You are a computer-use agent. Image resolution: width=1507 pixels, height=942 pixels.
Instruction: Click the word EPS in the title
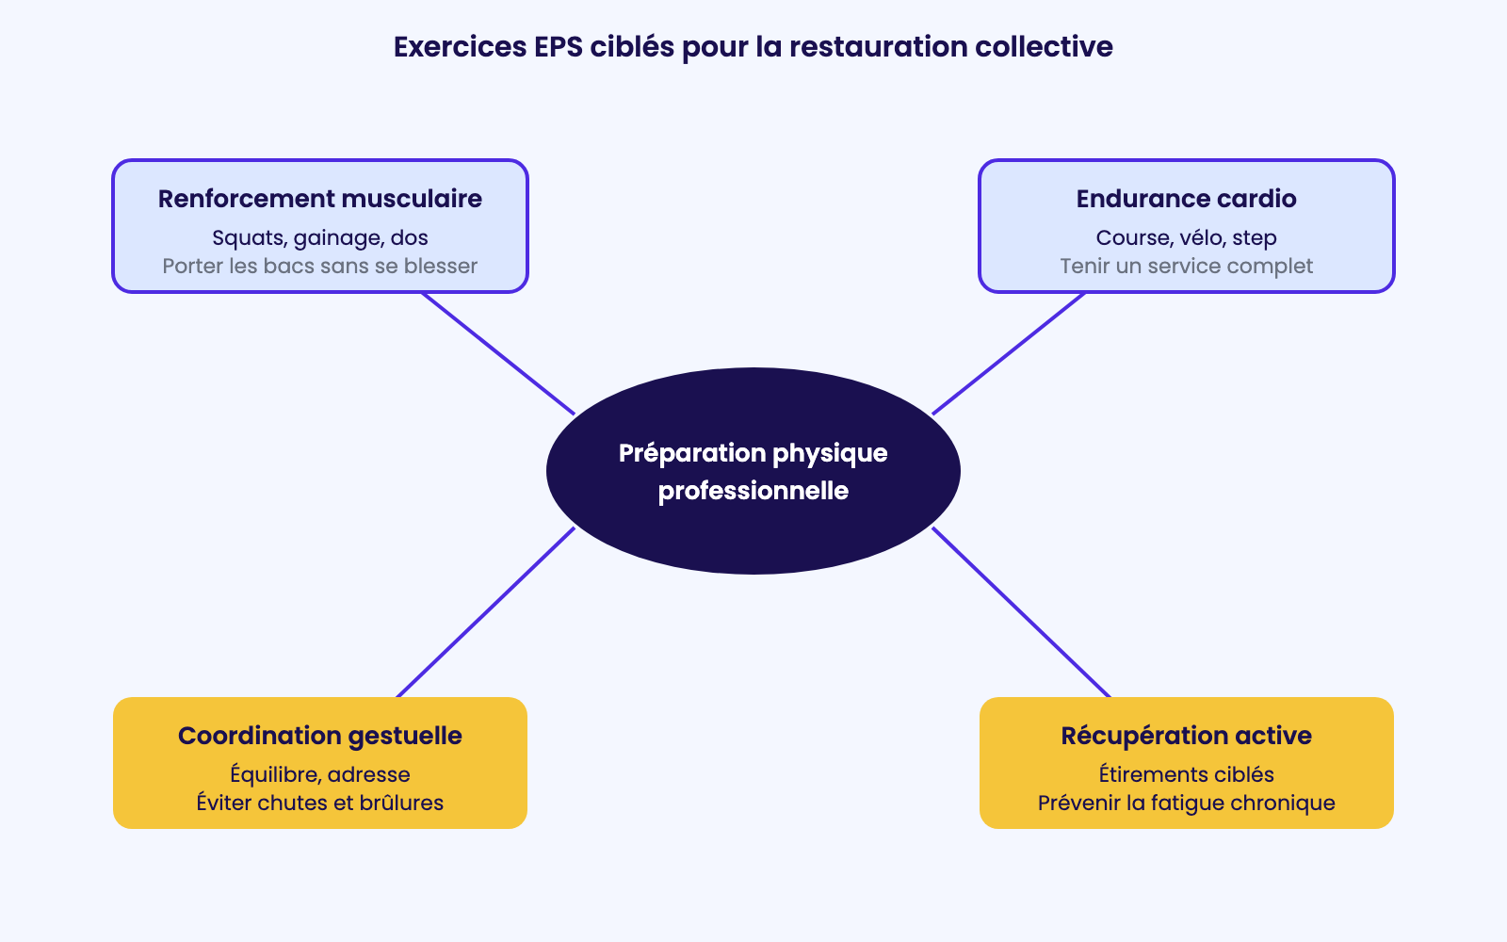559,47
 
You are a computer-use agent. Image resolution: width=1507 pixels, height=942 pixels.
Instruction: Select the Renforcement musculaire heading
320,199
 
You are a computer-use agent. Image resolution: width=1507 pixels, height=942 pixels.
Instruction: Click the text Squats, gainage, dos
320,238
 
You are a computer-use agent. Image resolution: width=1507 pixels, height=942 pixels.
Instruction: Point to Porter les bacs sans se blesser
320,266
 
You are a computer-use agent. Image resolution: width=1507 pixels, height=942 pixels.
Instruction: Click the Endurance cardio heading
1186,199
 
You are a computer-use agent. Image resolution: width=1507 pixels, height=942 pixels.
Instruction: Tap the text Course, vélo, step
1186,238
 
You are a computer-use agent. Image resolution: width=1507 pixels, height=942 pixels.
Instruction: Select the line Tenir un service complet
1186,267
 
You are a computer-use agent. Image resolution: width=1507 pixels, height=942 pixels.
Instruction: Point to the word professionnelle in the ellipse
753,491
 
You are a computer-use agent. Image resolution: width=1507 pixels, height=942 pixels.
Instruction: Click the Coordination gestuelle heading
320,736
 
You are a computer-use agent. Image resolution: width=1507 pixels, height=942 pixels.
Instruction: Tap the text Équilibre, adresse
320,774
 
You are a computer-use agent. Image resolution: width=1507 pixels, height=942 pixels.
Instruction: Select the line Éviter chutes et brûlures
320,803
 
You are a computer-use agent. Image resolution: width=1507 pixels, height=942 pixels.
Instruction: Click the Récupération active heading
1186,736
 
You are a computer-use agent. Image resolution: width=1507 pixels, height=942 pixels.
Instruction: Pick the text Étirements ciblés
1186,774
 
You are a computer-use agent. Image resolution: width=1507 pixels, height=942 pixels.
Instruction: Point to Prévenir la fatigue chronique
1186,804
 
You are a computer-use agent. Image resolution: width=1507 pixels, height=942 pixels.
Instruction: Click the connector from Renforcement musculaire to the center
498,354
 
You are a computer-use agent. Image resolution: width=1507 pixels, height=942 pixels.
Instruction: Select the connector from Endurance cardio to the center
1009,354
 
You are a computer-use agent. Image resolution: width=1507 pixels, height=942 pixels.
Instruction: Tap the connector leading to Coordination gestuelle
486,612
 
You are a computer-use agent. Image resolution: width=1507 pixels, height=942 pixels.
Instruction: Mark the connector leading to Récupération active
1021,612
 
